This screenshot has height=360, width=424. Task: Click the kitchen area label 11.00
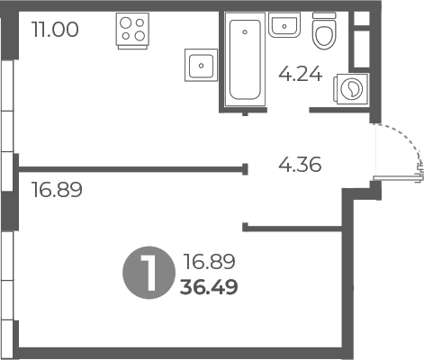(x=55, y=30)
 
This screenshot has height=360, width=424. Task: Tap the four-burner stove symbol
(x=132, y=31)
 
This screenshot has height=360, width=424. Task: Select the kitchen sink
(x=201, y=65)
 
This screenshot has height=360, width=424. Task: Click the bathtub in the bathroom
(x=245, y=59)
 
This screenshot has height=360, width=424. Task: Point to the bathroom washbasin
(x=284, y=25)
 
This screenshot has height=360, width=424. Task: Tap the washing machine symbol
(x=351, y=89)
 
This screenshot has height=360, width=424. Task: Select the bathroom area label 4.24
(x=301, y=75)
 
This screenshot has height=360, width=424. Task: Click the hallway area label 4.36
(x=300, y=165)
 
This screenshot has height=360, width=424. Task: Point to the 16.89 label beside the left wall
(x=57, y=190)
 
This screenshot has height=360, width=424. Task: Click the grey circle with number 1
(x=149, y=273)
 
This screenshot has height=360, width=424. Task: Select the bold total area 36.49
(x=209, y=287)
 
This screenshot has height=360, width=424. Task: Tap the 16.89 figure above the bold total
(x=209, y=261)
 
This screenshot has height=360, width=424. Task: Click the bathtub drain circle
(x=245, y=31)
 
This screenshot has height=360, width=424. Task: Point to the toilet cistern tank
(x=324, y=15)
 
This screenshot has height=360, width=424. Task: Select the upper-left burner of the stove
(x=126, y=22)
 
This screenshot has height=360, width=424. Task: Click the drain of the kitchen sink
(x=201, y=66)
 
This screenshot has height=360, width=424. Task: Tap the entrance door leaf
(x=398, y=178)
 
